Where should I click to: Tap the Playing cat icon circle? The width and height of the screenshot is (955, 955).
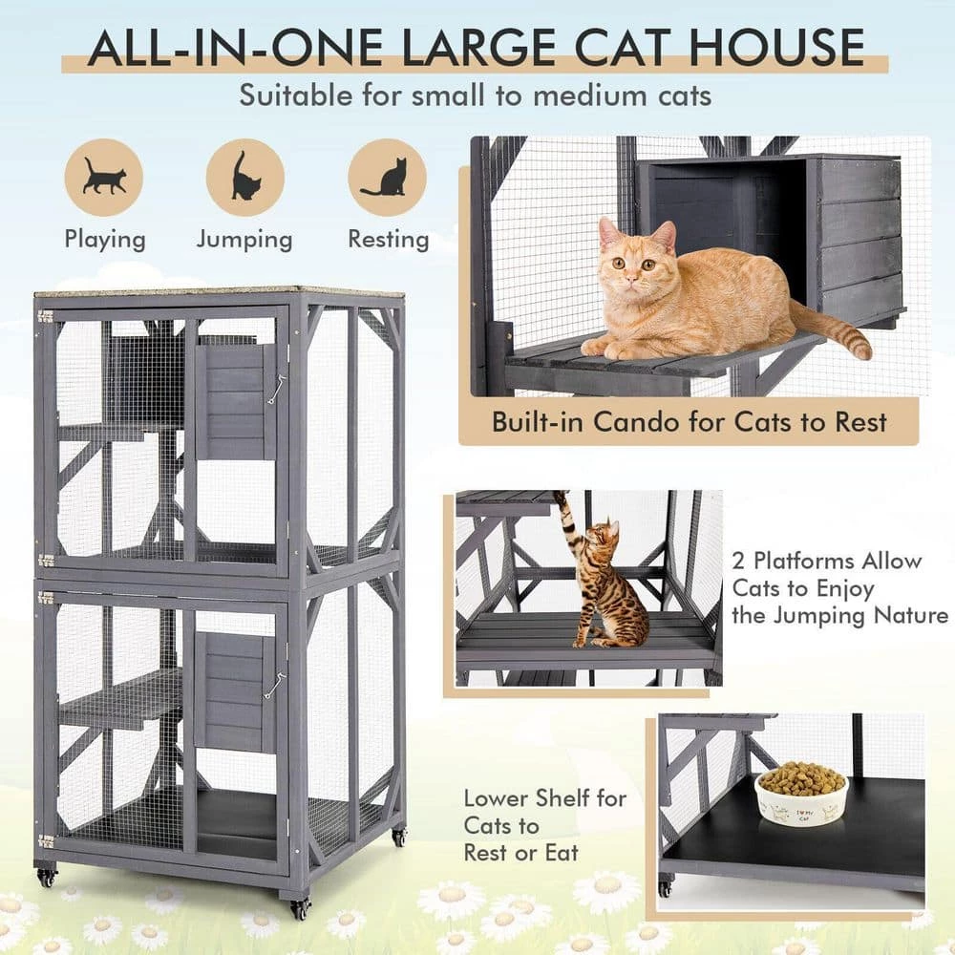103,178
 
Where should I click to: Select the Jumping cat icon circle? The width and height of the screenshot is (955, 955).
244,178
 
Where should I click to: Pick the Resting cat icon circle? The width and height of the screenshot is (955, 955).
386,178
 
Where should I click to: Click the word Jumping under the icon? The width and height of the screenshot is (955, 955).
244,239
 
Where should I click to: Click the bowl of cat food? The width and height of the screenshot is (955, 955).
801,795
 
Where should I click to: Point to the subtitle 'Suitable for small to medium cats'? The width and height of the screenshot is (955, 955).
475,96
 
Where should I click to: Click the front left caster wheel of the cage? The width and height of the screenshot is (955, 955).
45,876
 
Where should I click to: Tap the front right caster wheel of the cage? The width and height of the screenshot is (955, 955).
301,906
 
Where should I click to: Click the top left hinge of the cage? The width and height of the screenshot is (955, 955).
44,315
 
